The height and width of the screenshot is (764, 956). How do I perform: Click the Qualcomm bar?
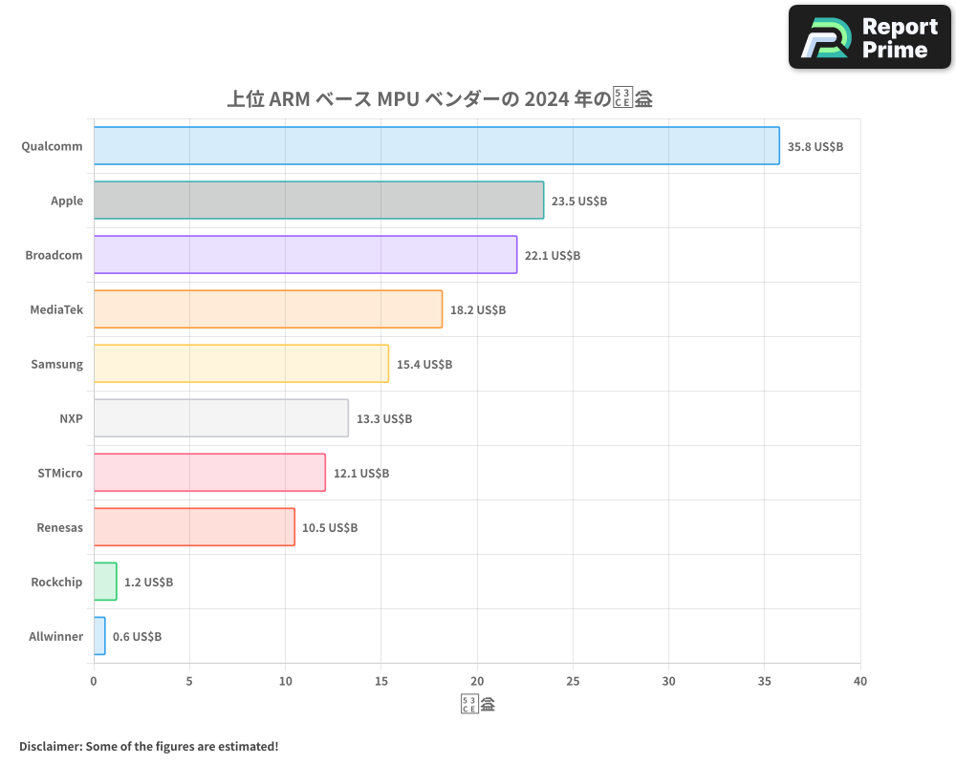point(436,146)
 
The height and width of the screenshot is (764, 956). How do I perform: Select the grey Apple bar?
point(318,201)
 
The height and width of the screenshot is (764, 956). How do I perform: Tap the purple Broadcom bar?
point(305,255)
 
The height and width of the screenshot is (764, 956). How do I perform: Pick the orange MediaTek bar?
point(268,309)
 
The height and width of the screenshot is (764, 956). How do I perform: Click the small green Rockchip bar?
point(105,582)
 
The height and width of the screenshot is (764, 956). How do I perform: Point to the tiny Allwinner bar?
point(99,636)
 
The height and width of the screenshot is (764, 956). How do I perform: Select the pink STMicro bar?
point(209,473)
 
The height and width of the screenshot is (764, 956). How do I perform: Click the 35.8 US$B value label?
point(815,147)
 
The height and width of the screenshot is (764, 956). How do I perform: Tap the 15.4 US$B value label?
point(424,365)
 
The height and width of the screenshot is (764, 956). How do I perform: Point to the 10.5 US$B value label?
point(330,528)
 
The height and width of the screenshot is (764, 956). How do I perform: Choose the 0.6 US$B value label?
point(137,637)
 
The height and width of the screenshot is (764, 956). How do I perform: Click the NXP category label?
point(71,418)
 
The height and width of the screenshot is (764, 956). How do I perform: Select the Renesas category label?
point(59,527)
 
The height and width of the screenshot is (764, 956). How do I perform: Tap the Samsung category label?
point(56,364)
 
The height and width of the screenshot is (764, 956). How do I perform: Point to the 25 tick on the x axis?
point(573,682)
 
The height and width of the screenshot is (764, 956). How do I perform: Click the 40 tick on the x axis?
point(860,682)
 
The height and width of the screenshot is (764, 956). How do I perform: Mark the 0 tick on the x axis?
point(94,682)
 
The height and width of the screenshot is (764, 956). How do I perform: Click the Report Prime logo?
point(869,37)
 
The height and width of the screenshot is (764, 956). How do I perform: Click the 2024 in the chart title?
point(546,99)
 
